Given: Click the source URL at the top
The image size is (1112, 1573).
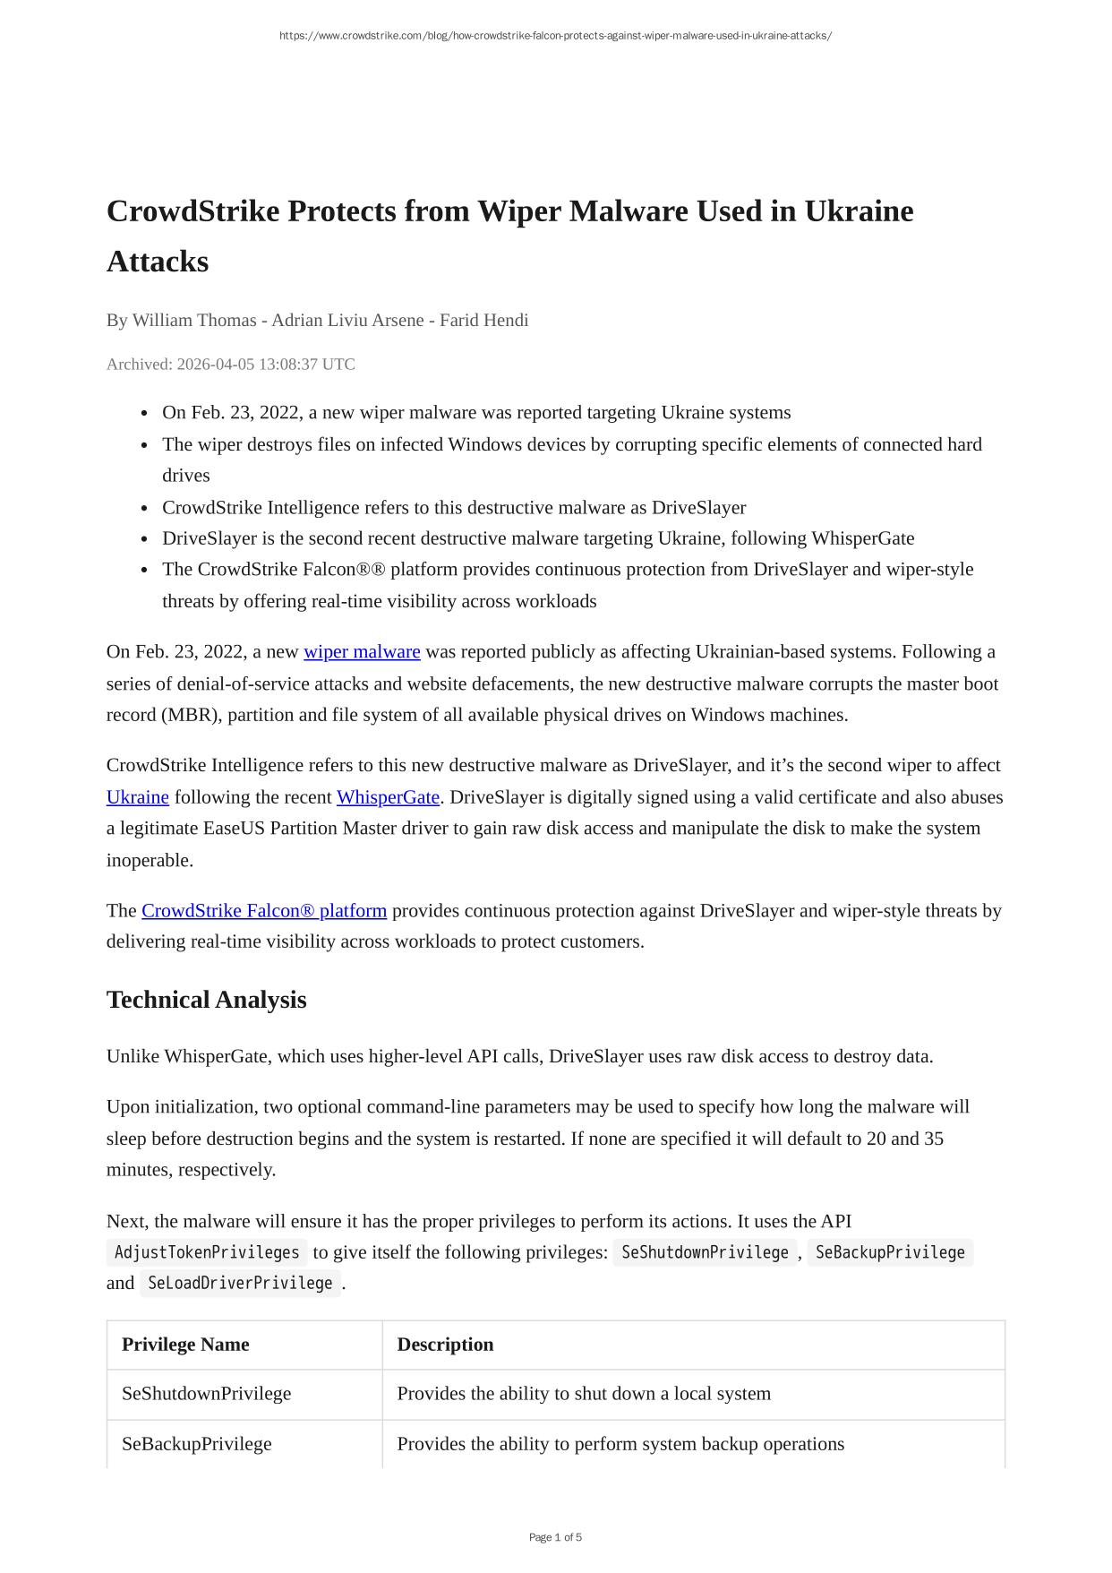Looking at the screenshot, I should point(555,36).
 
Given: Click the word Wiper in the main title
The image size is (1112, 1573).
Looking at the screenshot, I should point(518,211).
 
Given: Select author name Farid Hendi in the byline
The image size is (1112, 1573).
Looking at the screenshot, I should point(483,321).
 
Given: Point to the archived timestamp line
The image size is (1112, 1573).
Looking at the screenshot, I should point(230,365).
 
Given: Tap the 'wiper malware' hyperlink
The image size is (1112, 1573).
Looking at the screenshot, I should point(362,652).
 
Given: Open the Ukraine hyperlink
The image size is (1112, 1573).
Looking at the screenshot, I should point(137,797).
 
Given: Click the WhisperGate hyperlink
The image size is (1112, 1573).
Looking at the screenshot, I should point(388,797).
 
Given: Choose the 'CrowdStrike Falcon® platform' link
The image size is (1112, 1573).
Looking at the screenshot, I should point(264,911).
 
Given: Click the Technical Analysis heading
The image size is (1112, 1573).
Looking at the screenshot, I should point(206,1000).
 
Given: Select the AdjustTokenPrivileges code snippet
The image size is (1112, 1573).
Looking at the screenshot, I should point(207,1252).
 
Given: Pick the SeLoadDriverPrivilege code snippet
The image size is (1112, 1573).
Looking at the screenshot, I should point(240,1284).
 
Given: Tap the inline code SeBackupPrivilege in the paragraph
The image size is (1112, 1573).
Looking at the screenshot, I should point(890,1252).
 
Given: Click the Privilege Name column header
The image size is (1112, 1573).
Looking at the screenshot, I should point(185,1345).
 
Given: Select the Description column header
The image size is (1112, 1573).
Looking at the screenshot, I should point(445,1345).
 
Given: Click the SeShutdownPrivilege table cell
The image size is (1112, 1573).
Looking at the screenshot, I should point(206,1394).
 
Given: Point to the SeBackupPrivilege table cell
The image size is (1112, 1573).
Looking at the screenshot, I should point(196,1444).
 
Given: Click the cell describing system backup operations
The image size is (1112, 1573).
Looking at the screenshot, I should point(620,1444).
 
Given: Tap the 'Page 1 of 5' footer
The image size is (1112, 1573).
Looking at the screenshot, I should point(555,1537).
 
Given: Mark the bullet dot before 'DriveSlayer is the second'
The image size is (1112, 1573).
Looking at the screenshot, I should point(145,539).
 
